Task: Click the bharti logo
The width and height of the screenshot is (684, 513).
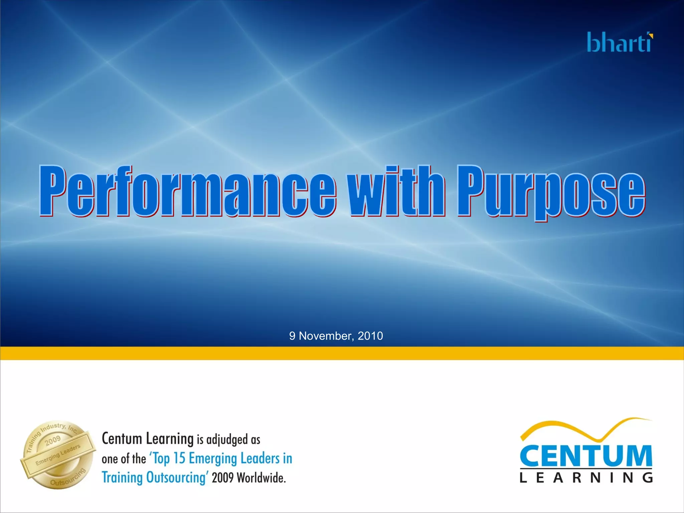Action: pos(620,43)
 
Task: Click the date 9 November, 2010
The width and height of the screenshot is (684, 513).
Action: pos(336,336)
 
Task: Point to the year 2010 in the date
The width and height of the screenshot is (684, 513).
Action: pos(370,336)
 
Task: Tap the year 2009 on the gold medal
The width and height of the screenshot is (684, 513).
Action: pos(53,441)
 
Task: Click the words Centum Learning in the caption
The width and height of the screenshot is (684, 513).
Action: pos(147,439)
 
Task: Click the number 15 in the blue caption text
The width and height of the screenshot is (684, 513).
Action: pos(179,458)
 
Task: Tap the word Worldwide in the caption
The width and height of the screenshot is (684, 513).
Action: pos(261,478)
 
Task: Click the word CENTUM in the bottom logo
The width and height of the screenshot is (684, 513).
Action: pos(586,456)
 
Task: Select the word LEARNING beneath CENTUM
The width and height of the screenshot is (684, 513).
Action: pos(586,478)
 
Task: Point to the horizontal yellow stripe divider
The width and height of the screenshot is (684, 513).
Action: pos(342,353)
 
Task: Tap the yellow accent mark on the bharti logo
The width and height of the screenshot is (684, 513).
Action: pos(650,35)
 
